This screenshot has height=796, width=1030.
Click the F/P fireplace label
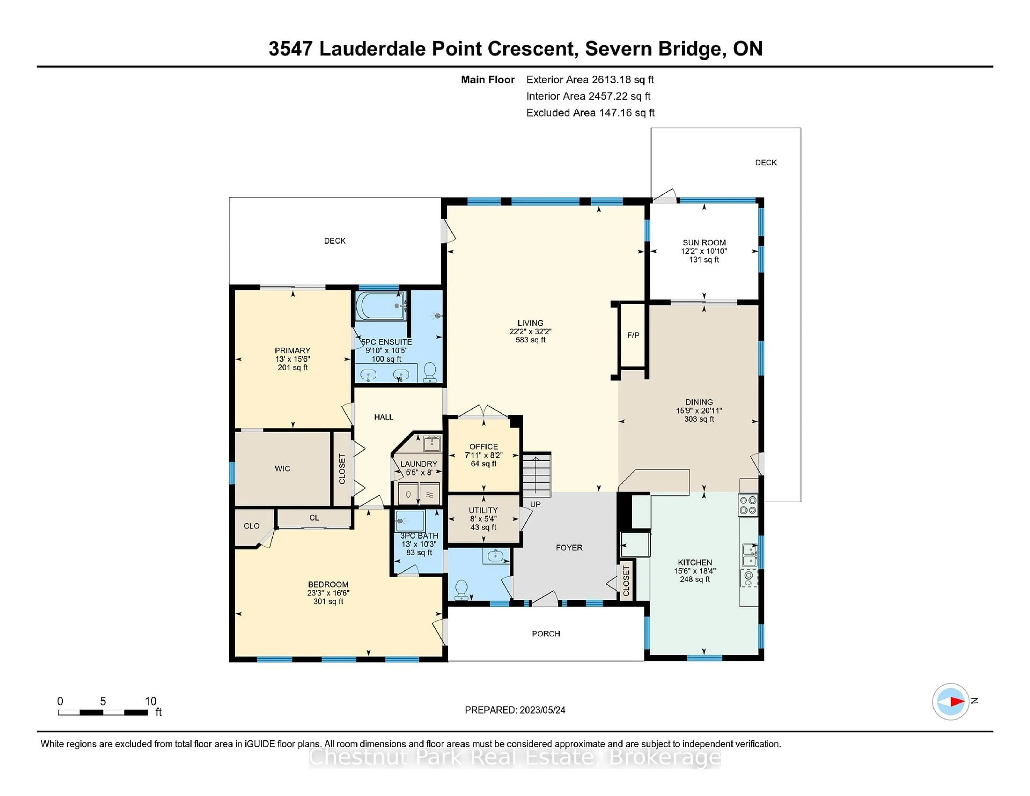pyautogui.click(x=633, y=335)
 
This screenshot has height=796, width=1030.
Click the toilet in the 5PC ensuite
pyautogui.click(x=430, y=372)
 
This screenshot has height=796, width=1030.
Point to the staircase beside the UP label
pyautogui.click(x=536, y=475)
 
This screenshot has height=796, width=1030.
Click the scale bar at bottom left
pyautogui.click(x=103, y=712)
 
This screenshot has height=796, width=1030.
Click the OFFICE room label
pyautogui.click(x=483, y=447)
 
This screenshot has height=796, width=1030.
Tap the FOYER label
pyautogui.click(x=569, y=547)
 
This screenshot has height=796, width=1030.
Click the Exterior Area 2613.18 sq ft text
pyautogui.click(x=590, y=80)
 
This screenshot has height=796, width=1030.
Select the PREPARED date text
pyautogui.click(x=515, y=710)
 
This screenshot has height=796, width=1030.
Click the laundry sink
pyautogui.click(x=432, y=443)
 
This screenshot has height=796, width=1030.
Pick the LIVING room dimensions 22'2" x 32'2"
pyautogui.click(x=531, y=331)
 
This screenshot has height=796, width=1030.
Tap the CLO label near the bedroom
pyautogui.click(x=251, y=526)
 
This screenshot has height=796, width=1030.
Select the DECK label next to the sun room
pyautogui.click(x=766, y=163)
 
